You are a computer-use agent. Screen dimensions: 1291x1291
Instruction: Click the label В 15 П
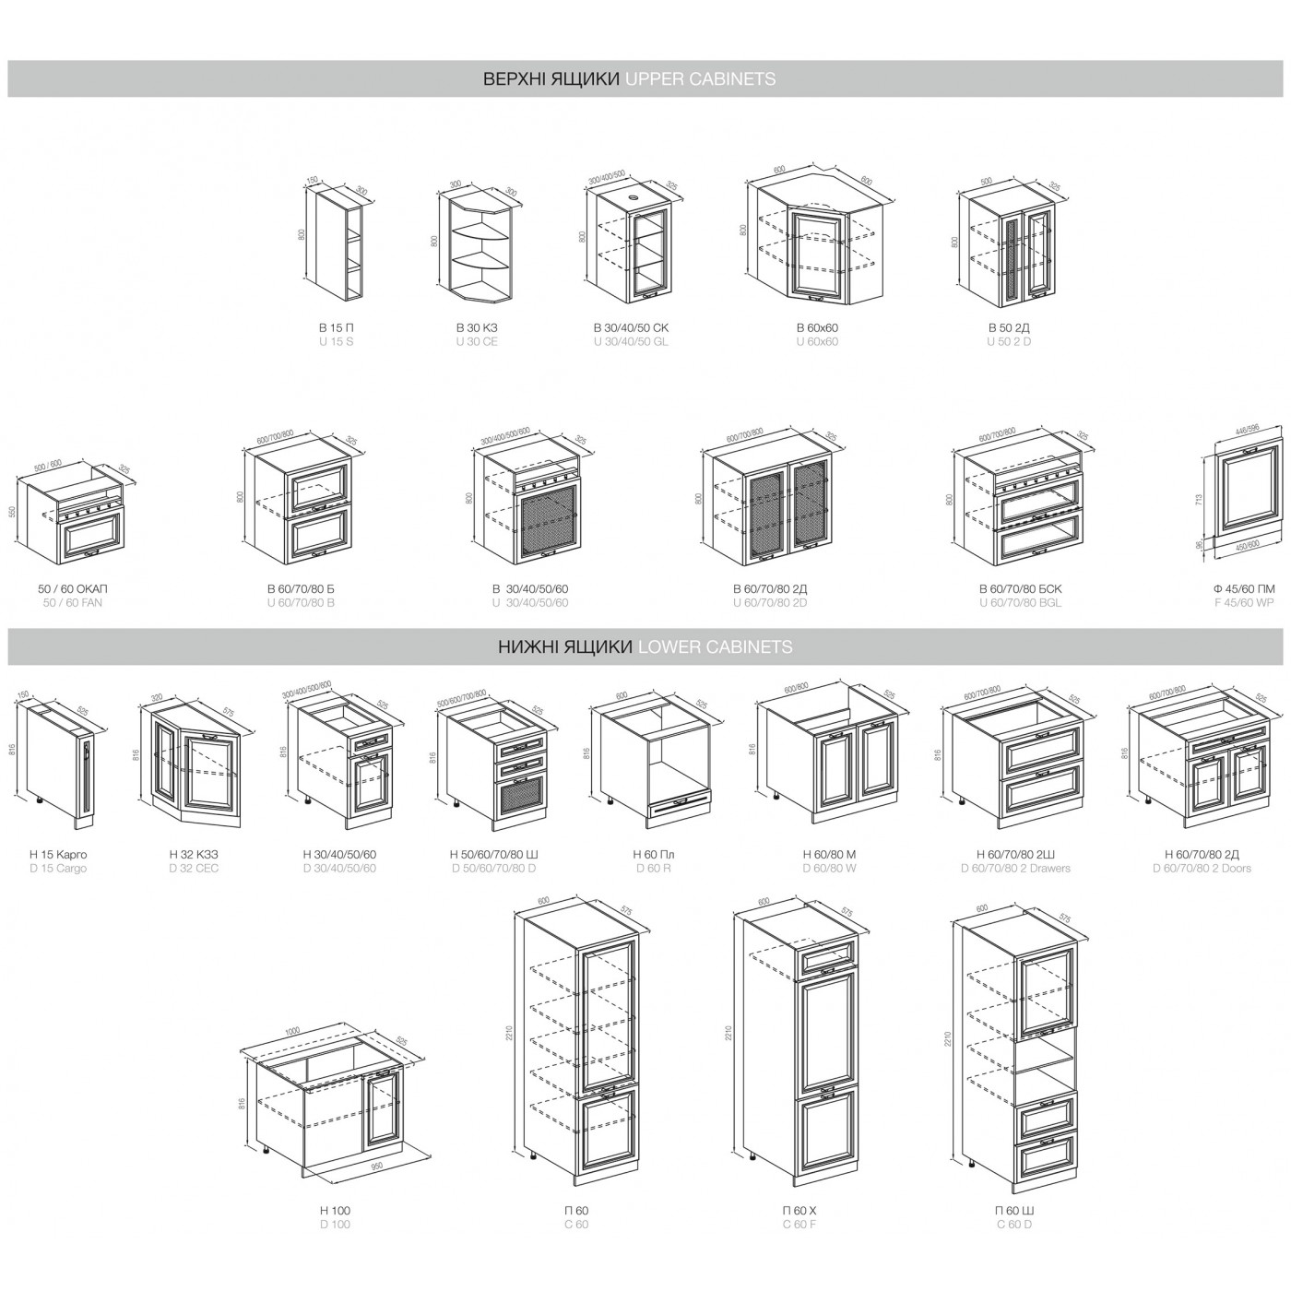coord(336,327)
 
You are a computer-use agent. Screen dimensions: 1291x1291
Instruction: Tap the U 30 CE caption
coord(476,342)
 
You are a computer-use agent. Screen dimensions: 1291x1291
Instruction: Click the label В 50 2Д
coord(1009,327)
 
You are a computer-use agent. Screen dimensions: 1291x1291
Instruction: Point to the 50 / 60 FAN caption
coord(72,603)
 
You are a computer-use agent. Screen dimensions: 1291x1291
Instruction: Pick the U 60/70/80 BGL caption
coord(1020,603)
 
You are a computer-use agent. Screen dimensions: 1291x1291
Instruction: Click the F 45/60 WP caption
coord(1244,603)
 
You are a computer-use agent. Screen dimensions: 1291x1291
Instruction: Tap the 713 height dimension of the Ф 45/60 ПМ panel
coord(1200,500)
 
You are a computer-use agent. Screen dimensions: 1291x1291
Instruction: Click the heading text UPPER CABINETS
coord(700,79)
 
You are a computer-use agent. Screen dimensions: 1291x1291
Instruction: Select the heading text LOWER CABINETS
coord(715,647)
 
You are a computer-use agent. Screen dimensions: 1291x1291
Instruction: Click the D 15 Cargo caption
coord(57,869)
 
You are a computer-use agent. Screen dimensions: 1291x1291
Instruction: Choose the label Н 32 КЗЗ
coord(194,855)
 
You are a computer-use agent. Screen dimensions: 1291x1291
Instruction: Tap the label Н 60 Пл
coord(653,855)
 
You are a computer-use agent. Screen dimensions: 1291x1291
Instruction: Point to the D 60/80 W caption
coord(829,869)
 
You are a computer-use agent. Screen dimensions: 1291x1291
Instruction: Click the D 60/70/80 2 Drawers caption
coord(1015,869)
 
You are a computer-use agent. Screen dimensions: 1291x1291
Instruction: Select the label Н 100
coord(335,1211)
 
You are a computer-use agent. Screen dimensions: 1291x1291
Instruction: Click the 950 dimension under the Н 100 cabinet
coord(376,1167)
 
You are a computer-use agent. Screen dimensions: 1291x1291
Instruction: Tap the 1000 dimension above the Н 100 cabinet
coord(292,1032)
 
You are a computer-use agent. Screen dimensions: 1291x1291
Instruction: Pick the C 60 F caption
coord(799,1225)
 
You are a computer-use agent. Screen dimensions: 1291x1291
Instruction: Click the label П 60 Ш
coord(1014,1211)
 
